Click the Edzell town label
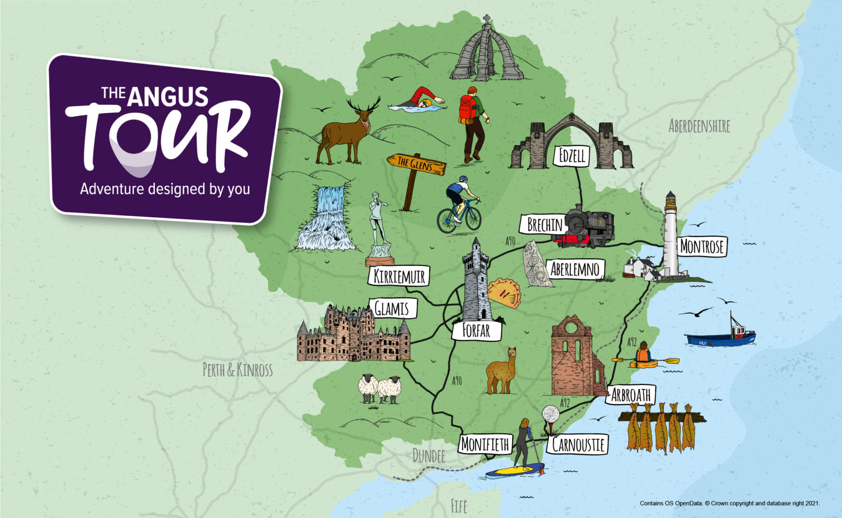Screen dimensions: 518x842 pyautogui.click(x=572, y=156)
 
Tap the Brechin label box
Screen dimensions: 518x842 pyautogui.click(x=544, y=224)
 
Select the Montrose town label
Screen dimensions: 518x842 pyautogui.click(x=702, y=246)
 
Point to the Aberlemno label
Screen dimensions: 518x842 pyautogui.click(x=575, y=269)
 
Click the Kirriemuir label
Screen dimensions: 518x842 pyautogui.click(x=399, y=276)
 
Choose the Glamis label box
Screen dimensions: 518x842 pyautogui.click(x=392, y=309)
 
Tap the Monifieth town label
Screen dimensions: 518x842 pyautogui.click(x=485, y=444)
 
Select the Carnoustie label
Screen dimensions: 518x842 pyautogui.click(x=578, y=445)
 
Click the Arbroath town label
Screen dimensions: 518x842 pyautogui.click(x=630, y=395)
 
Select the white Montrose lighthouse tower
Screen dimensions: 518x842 pyautogui.click(x=670, y=236)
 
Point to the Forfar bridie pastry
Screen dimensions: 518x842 pyautogui.click(x=504, y=293)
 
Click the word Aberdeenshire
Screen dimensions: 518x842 pyautogui.click(x=699, y=126)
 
